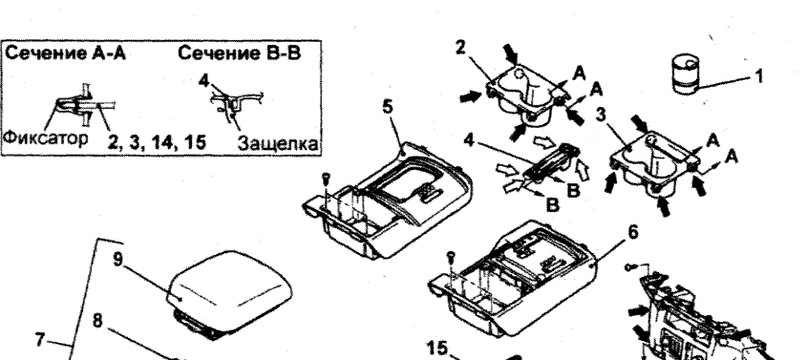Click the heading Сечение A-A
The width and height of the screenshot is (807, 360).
65,53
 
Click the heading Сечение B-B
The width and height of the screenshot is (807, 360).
240,53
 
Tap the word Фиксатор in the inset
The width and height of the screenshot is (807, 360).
46,138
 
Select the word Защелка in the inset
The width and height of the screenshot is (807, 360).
277,143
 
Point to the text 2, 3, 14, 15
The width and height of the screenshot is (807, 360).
157,142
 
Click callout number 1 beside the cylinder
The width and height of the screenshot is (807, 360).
758,76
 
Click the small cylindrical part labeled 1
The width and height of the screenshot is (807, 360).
686,75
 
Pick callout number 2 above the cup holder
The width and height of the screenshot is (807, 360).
460,48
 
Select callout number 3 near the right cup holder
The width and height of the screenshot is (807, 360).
601,115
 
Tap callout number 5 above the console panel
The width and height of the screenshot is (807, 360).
388,107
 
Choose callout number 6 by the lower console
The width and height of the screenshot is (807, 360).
633,233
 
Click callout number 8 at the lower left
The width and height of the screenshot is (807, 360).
97,320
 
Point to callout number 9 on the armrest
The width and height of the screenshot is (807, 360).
118,259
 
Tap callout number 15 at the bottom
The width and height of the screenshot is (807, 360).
437,349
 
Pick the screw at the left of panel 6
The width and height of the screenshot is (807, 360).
452,255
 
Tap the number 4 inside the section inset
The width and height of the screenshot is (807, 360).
204,81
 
